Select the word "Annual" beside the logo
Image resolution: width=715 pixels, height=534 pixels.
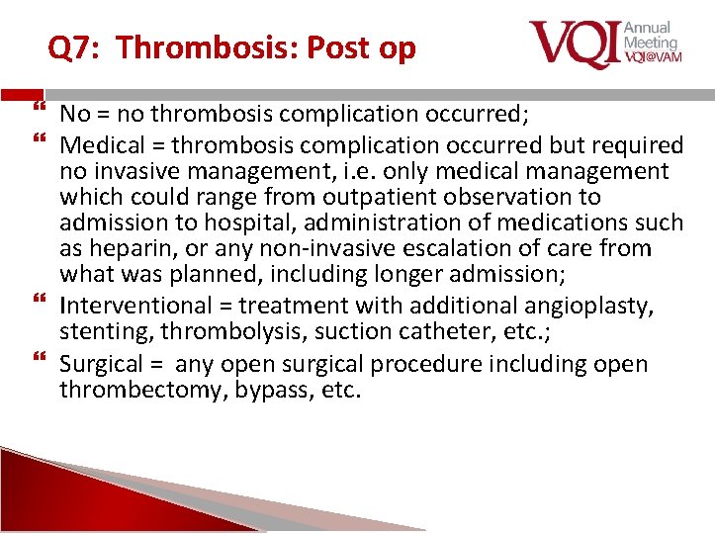pyautogui.click(x=647, y=28)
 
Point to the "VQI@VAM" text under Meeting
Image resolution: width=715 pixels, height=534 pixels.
pyautogui.click(x=651, y=58)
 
